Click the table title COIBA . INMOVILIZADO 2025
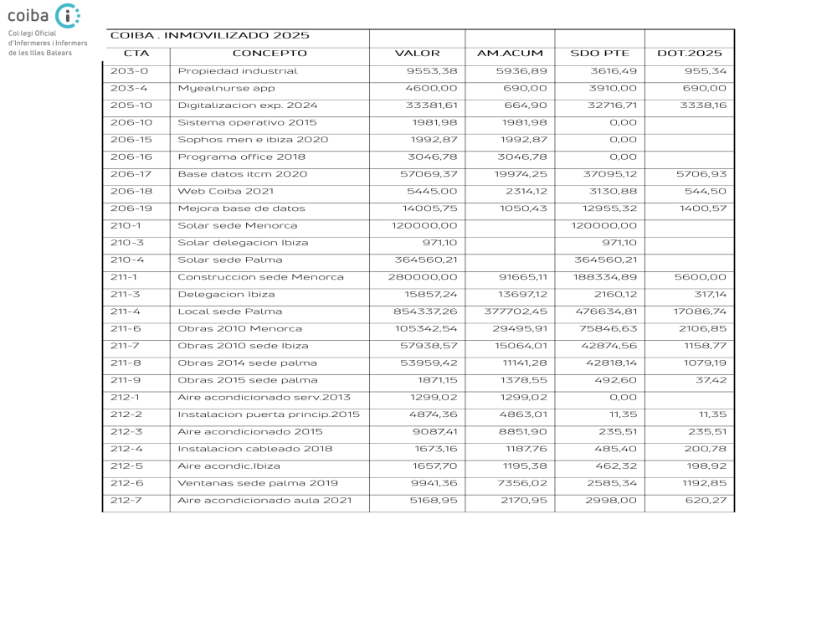pyautogui.click(x=210, y=36)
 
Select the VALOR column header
pyautogui.click(x=417, y=54)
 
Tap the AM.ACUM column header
pyautogui.click(x=510, y=54)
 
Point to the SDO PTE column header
pyautogui.click(x=599, y=54)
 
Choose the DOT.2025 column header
pyautogui.click(x=689, y=54)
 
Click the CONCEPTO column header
pyautogui.click(x=270, y=54)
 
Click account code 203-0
pyautogui.click(x=129, y=71)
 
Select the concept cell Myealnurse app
pyautogui.click(x=226, y=88)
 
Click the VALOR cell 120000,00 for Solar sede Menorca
pyautogui.click(x=424, y=226)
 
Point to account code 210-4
pyautogui.click(x=129, y=260)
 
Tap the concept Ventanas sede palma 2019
pyautogui.click(x=258, y=484)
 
